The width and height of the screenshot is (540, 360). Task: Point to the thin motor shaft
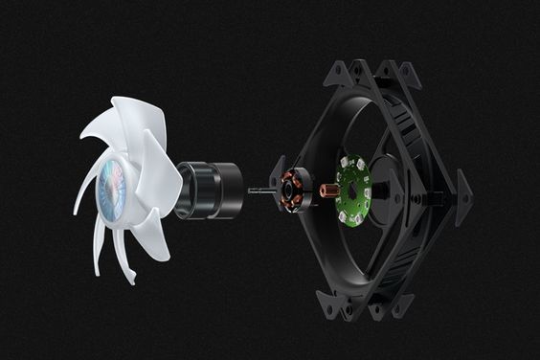[x=259, y=191]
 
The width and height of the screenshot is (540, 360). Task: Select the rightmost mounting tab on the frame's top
[x=407, y=73]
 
